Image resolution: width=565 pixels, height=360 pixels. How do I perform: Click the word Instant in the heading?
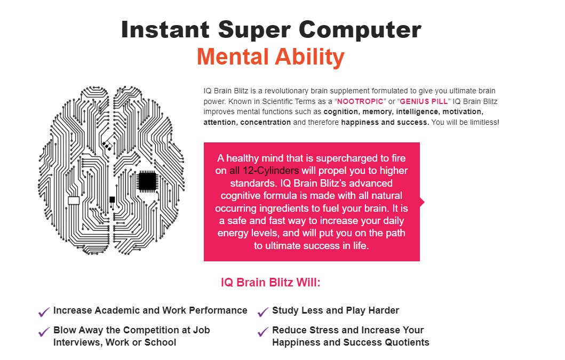click(x=165, y=29)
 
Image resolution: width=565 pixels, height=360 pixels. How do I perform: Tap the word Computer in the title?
click(x=360, y=29)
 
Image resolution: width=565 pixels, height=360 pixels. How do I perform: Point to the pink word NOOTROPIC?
click(x=360, y=101)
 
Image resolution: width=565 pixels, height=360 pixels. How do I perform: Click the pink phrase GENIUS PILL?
click(x=424, y=101)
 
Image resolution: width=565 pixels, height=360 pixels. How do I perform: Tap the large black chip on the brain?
click(x=147, y=181)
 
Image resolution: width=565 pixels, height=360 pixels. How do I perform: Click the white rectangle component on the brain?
click(x=74, y=201)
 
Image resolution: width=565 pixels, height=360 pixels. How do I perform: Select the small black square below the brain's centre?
click(x=112, y=199)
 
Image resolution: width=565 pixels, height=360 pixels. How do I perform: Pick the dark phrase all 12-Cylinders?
click(x=264, y=171)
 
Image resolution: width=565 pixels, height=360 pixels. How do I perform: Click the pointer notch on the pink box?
click(x=422, y=202)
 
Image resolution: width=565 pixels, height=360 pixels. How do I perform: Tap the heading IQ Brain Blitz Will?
click(x=270, y=282)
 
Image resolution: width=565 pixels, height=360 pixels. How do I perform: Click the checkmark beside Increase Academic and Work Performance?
click(x=44, y=311)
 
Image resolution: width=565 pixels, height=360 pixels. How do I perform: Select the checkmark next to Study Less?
click(x=263, y=311)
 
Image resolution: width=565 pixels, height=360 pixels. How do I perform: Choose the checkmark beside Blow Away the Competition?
click(x=44, y=331)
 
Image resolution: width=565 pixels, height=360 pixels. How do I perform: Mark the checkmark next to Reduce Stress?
click(x=263, y=331)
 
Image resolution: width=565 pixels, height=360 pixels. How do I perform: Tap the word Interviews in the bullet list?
click(x=77, y=342)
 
